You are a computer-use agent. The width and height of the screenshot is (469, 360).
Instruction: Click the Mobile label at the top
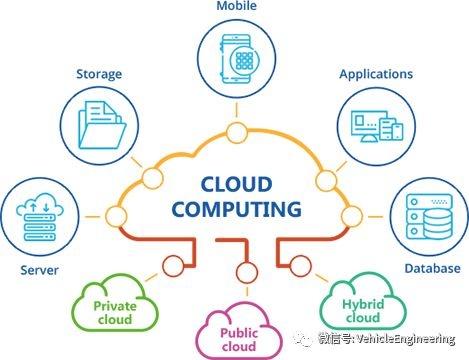[237, 6]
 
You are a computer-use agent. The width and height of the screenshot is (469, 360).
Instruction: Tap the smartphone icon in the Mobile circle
[236, 59]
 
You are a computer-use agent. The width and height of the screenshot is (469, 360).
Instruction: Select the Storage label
[99, 74]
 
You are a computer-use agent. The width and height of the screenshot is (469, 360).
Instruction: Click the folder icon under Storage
[102, 125]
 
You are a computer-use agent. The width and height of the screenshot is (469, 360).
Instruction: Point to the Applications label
[376, 74]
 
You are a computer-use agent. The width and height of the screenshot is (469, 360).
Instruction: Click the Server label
[39, 270]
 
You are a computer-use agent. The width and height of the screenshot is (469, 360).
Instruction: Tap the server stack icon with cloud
[40, 217]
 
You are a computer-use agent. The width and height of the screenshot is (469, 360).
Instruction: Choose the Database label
[432, 268]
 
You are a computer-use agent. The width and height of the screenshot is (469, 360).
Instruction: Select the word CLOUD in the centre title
[237, 185]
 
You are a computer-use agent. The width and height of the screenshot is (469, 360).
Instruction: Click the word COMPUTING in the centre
[237, 209]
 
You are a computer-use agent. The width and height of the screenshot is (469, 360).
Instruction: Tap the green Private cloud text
[115, 312]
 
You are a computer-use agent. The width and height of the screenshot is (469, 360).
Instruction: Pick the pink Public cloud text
[239, 340]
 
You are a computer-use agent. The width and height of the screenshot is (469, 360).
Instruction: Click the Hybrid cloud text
[363, 311]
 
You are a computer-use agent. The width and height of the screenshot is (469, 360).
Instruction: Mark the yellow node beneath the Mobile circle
[237, 133]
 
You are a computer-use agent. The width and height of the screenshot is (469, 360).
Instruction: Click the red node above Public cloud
[247, 272]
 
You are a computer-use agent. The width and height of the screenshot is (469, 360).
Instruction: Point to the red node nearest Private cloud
[173, 266]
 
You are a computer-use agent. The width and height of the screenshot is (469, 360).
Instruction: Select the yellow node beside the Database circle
[352, 216]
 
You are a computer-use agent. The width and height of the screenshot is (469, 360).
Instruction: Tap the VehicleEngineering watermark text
[387, 339]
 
